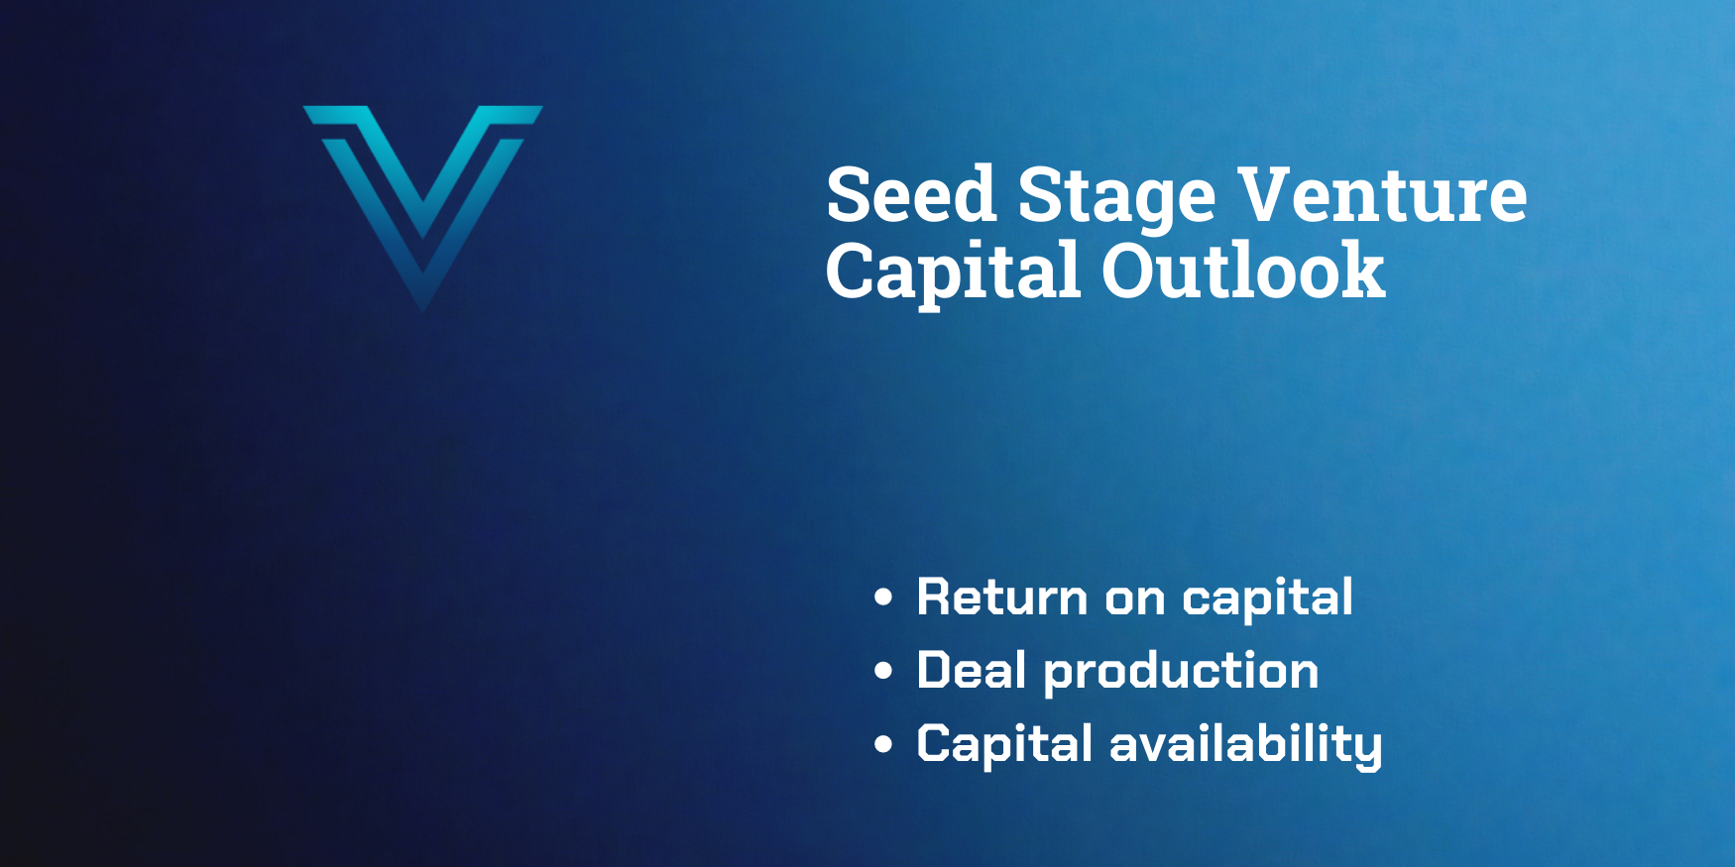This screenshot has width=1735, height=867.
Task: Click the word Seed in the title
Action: point(911,194)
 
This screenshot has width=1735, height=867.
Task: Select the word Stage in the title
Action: point(1116,199)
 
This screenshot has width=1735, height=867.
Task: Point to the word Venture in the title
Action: point(1383,194)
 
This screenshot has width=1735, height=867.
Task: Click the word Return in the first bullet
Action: point(1002,596)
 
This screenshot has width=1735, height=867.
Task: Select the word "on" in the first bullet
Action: point(1135,600)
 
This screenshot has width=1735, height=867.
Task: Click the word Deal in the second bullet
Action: point(972,670)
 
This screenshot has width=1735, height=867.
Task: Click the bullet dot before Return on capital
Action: point(883,597)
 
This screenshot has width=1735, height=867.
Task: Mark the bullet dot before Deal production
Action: point(883,671)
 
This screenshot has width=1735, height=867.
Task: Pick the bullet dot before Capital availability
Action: point(883,744)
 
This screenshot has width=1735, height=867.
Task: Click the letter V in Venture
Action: point(1269,194)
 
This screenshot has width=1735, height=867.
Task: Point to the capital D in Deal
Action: point(937,670)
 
